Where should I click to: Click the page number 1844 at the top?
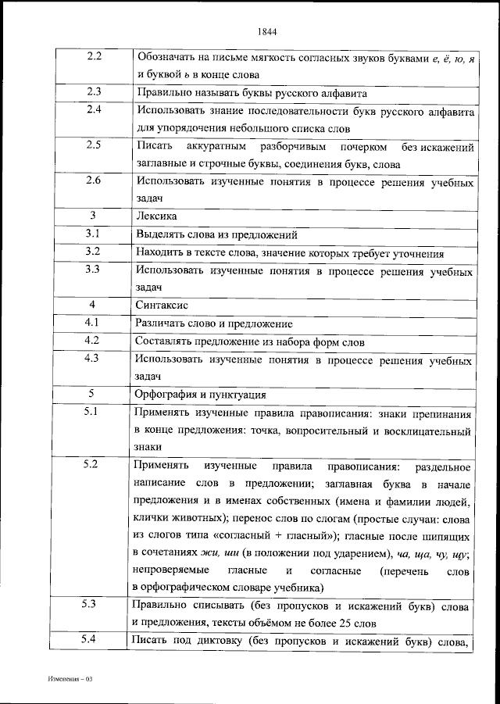267,32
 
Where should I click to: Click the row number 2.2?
92,56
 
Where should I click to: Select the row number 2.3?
92,91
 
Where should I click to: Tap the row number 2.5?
92,145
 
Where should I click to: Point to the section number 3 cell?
92,215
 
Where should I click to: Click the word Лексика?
156,216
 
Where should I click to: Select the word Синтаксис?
162,305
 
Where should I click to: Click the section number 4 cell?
92,304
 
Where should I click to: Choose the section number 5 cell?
92,393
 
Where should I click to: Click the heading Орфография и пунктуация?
201,394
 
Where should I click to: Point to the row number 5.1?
92,411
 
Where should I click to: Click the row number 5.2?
92,465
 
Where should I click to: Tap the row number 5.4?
92,640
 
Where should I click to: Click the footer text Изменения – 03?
69,680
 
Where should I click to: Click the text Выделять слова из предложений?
216,234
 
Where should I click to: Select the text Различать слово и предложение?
214,323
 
